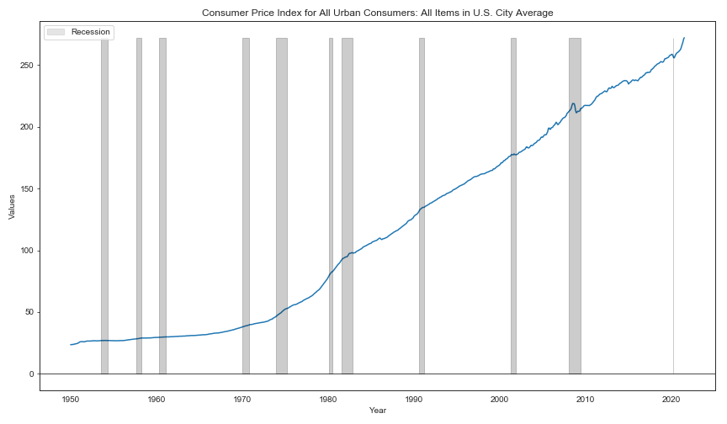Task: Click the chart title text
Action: coord(378,13)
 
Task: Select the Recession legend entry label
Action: coord(90,32)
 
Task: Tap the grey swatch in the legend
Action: coord(56,32)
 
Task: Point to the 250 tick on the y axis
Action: coord(28,66)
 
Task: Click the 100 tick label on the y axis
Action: coord(28,251)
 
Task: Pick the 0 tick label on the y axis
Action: coord(31,374)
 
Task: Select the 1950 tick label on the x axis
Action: coord(71,400)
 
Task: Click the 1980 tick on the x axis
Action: coord(328,400)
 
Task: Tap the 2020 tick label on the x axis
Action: coord(671,400)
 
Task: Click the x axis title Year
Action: coord(378,410)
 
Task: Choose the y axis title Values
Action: coord(12,207)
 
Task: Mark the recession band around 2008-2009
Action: coord(575,206)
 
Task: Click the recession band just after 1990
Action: coord(422,206)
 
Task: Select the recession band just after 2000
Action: coord(514,206)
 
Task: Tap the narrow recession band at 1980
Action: coord(331,206)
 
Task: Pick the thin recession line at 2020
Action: coord(673,206)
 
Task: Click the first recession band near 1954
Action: coord(105,206)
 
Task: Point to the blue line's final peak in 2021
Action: coord(684,38)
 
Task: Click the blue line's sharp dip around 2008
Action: coord(576,113)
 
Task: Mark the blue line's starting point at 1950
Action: coord(71,345)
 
